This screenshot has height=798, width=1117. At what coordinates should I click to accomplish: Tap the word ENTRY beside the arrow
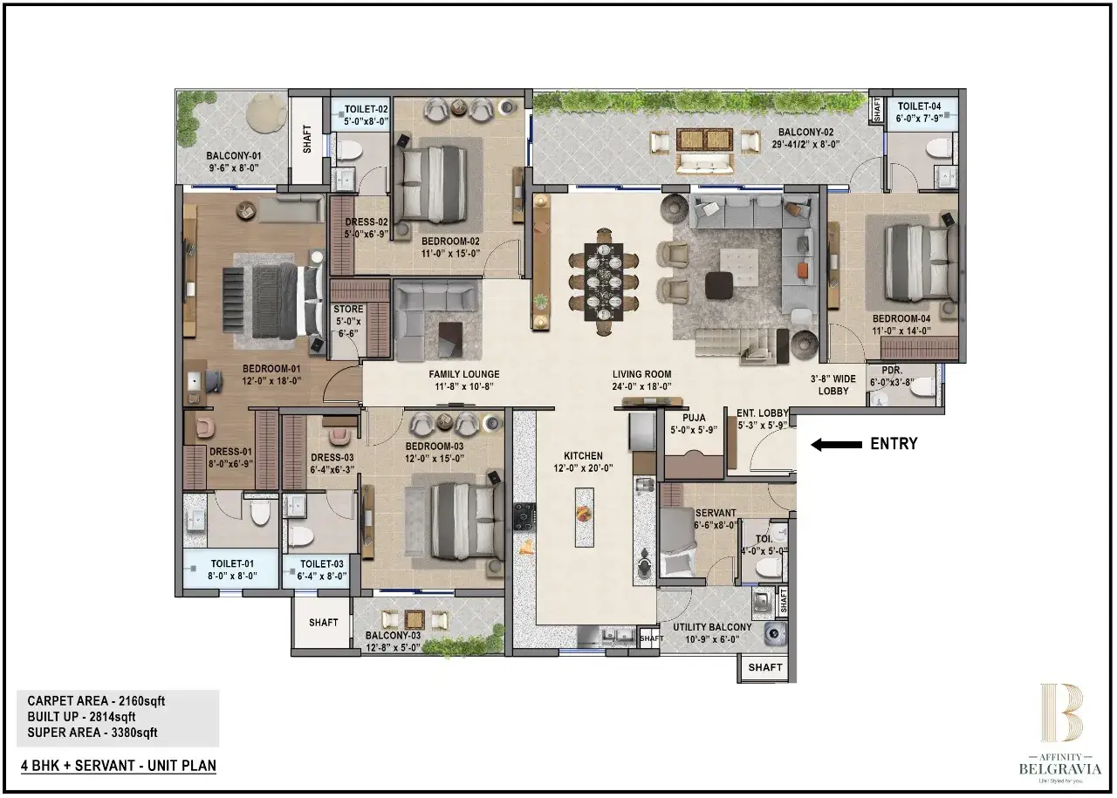894,444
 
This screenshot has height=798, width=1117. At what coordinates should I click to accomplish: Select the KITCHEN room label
583,456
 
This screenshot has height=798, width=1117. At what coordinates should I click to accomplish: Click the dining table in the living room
603,281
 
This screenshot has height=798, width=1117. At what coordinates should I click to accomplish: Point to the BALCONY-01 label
234,156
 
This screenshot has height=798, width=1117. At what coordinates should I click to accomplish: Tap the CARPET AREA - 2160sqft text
96,701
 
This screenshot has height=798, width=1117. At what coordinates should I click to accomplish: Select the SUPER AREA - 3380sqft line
93,733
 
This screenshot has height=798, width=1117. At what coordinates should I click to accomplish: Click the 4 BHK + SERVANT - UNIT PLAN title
119,766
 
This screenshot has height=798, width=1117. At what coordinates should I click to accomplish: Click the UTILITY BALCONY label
712,627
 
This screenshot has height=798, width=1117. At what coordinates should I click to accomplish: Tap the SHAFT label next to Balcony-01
307,140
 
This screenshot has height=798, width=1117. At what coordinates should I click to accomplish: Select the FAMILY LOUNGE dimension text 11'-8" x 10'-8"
463,387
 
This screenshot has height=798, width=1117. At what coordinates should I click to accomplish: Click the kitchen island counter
584,515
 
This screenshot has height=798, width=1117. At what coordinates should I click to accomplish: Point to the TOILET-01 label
231,564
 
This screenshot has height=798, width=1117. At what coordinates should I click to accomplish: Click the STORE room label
348,310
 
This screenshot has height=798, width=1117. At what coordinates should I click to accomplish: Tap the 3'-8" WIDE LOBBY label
833,385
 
